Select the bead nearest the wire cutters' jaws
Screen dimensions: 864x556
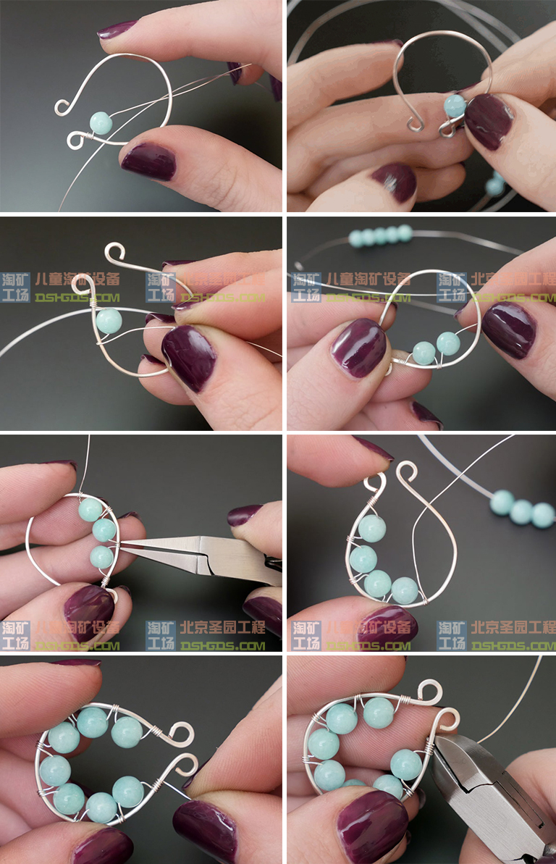click(406, 763)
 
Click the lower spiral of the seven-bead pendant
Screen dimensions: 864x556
click(184, 765)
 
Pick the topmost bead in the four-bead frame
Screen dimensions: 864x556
click(371, 528)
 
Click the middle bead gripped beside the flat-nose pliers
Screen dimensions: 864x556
click(104, 530)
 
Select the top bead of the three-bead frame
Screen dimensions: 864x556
click(90, 510)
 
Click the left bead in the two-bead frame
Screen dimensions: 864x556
click(424, 353)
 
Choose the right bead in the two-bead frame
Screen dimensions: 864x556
click(447, 343)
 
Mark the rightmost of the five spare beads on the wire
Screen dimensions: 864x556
click(405, 232)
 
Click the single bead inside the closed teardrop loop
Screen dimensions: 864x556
click(109, 320)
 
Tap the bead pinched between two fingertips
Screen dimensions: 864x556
click(455, 106)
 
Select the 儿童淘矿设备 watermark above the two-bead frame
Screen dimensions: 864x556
click(368, 279)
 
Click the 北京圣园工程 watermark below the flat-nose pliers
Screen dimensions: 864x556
click(222, 627)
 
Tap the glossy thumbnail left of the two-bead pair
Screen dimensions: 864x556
click(359, 348)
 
